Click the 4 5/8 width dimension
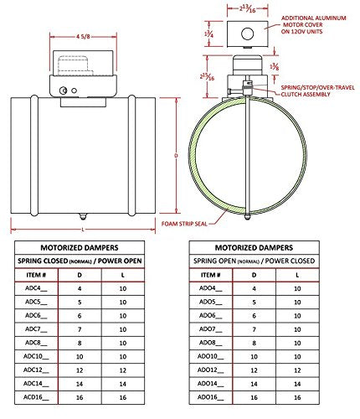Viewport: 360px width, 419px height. coord(83,37)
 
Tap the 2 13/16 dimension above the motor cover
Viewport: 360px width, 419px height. coord(247,8)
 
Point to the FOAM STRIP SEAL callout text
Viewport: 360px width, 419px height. coord(184,224)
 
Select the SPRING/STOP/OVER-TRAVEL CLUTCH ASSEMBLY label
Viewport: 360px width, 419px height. coord(317,91)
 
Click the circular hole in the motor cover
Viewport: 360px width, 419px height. coord(247,34)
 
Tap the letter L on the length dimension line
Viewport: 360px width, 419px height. coord(83,230)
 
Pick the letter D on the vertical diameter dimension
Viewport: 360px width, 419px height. coord(176,156)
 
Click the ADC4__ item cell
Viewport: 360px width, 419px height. coord(36,288)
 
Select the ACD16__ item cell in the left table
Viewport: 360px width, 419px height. coord(36,397)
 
